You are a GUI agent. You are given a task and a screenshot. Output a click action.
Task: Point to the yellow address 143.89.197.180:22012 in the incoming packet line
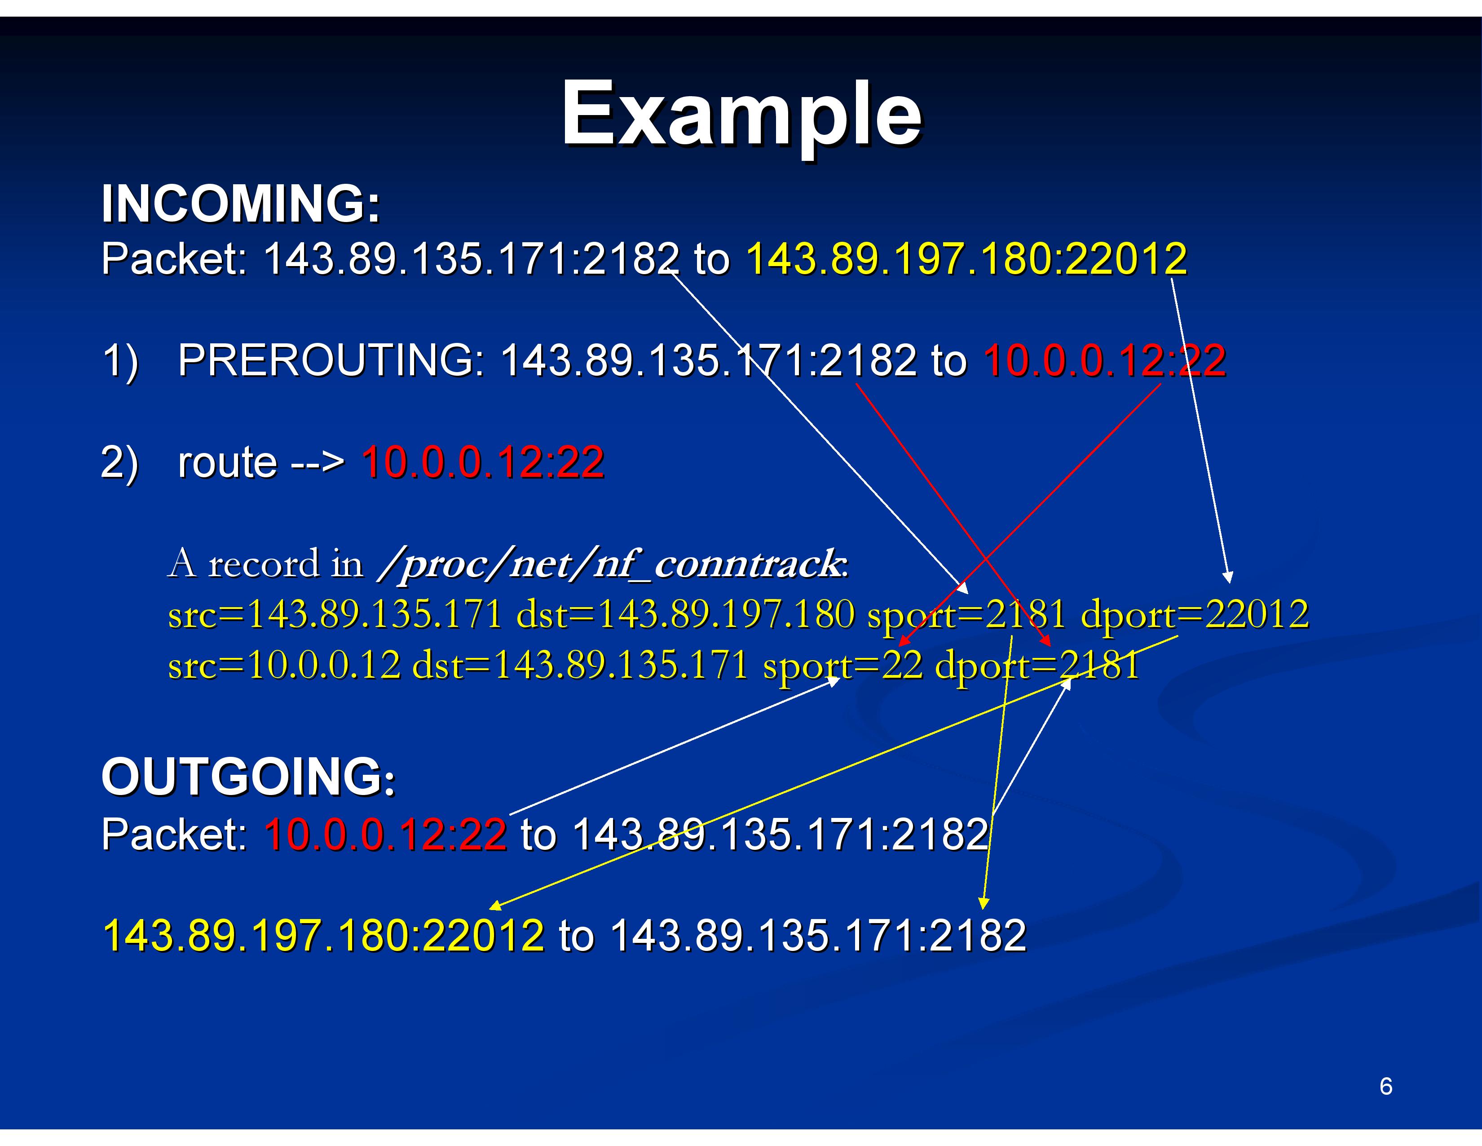point(966,259)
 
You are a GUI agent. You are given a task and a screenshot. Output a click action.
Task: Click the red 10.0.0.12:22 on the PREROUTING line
point(1105,360)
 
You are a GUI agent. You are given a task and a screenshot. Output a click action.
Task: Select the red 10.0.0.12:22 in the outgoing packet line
point(385,834)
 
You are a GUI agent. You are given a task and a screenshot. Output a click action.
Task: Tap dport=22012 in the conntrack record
point(1194,614)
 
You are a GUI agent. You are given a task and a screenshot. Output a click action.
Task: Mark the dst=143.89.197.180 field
point(685,614)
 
